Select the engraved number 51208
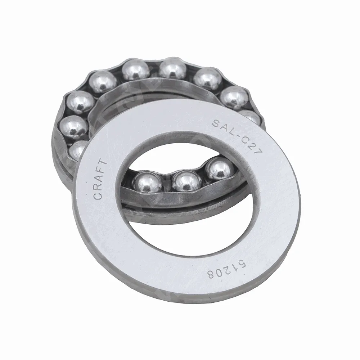pyautogui.click(x=226, y=269)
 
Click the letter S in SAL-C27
pyautogui.click(x=216, y=123)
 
